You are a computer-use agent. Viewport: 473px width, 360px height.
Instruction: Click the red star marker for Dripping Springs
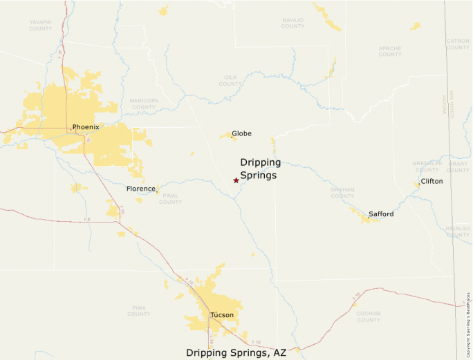pyautogui.click(x=236, y=180)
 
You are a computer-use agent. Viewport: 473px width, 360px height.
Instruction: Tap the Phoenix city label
pyautogui.click(x=86, y=127)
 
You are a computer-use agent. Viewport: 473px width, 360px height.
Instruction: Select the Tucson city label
pyautogui.click(x=222, y=315)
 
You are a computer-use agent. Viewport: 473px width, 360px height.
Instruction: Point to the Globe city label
pyautogui.click(x=241, y=133)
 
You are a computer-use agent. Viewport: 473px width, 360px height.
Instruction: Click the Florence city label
pyautogui.click(x=140, y=189)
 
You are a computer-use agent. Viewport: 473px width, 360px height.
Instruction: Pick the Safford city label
pyautogui.click(x=381, y=214)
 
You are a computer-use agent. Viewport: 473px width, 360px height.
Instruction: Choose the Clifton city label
pyautogui.click(x=432, y=181)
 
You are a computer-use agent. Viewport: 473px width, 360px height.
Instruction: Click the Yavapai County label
pyautogui.click(x=41, y=26)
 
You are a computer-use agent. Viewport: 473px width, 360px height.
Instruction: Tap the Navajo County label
pyautogui.click(x=293, y=23)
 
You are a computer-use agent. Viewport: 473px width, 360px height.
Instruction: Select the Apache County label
pyautogui.click(x=390, y=51)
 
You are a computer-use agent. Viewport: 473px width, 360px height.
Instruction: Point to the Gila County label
pyautogui.click(x=230, y=80)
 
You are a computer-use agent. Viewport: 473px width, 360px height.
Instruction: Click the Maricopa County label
pyautogui.click(x=143, y=104)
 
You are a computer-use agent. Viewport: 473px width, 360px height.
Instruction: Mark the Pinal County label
pyautogui.click(x=170, y=199)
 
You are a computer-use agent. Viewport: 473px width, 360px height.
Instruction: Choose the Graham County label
pyautogui.click(x=342, y=192)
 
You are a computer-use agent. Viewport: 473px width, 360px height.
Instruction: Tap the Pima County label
pyautogui.click(x=139, y=310)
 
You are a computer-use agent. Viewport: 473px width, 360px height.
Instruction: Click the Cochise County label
pyautogui.click(x=369, y=316)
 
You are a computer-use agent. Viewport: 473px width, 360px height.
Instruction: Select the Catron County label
pyautogui.click(x=458, y=44)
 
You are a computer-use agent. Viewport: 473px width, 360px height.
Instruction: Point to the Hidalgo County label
pyautogui.click(x=458, y=231)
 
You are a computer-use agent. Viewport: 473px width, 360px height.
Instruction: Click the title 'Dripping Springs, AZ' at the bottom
pyautogui.click(x=236, y=352)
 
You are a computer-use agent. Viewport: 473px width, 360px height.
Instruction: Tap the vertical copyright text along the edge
pyautogui.click(x=469, y=321)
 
